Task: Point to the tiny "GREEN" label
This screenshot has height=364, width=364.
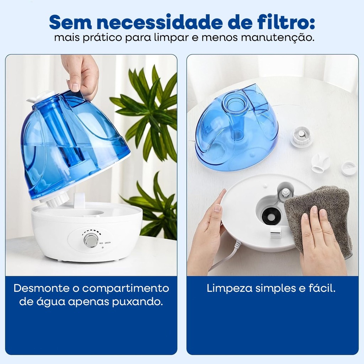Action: (x=108, y=243)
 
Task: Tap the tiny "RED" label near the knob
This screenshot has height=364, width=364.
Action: (x=101, y=243)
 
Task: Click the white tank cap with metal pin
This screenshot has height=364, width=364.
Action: (x=301, y=136)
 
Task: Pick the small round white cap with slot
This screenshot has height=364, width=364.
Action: (x=349, y=168)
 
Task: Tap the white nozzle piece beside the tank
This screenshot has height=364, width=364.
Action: (x=321, y=163)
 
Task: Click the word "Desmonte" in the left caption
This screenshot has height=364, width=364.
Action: (x=41, y=288)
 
